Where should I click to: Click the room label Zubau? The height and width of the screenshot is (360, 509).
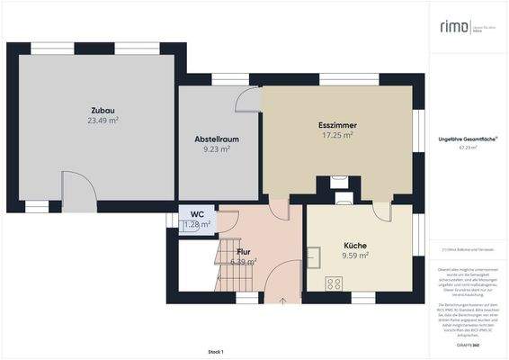click(103, 108)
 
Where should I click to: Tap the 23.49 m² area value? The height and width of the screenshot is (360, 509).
click(103, 120)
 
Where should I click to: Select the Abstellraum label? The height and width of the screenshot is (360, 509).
click(217, 139)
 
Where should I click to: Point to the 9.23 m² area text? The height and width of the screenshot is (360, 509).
click(217, 149)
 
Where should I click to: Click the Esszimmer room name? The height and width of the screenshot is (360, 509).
click(335, 124)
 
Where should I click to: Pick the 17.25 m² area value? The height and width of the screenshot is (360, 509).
click(335, 135)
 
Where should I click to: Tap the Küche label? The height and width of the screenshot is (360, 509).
click(355, 245)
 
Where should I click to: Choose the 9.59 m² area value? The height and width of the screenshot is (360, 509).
click(355, 256)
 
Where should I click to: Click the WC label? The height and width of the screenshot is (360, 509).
click(196, 214)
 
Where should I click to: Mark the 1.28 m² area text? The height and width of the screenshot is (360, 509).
click(197, 224)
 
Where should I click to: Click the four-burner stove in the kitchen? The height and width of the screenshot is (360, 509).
click(333, 283)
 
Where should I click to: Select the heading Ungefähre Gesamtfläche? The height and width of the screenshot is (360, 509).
click(468, 138)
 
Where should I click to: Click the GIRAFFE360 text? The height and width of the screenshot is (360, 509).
click(468, 345)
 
